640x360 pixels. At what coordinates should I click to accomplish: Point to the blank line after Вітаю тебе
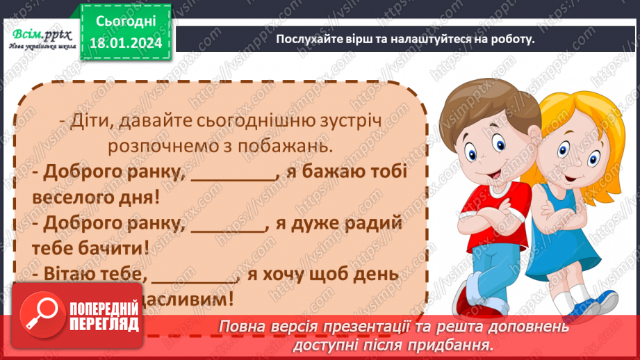point(195,277)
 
